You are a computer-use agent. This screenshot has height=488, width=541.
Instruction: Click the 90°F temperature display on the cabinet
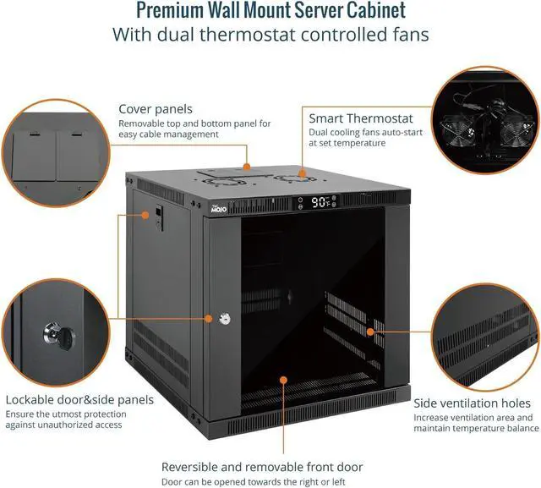(320, 202)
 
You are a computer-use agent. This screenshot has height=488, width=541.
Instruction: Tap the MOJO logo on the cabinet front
(219, 209)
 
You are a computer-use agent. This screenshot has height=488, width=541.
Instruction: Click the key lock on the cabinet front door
(225, 319)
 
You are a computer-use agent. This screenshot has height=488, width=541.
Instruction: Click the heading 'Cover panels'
(156, 109)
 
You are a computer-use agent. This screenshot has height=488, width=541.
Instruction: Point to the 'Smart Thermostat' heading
(361, 118)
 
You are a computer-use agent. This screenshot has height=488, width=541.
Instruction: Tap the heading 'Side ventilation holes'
(472, 403)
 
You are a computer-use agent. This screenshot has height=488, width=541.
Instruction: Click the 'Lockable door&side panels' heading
(79, 400)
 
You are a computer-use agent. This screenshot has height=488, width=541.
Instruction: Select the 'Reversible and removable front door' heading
(262, 467)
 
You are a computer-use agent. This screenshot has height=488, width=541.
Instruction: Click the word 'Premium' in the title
(170, 10)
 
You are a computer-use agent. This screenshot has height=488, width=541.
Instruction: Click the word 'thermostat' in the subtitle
(248, 35)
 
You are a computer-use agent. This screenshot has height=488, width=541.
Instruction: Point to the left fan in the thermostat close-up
(457, 131)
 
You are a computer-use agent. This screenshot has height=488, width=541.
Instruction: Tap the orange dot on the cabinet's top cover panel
(247, 167)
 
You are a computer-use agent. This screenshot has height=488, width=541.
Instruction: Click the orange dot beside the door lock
(209, 319)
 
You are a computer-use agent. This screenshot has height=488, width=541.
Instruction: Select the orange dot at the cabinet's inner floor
(284, 380)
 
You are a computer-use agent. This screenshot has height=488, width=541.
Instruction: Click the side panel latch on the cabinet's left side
(159, 217)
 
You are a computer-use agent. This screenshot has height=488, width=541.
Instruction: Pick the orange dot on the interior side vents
(370, 332)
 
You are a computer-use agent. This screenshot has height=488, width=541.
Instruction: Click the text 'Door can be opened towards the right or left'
(254, 482)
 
